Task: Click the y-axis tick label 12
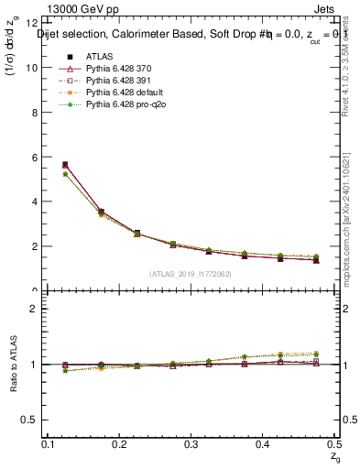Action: (31, 23)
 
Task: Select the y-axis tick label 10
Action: (31, 68)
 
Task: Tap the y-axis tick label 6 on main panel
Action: (34, 158)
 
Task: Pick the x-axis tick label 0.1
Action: (49, 444)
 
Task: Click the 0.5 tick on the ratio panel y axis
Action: (30, 420)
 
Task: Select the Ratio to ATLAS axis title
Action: (12, 365)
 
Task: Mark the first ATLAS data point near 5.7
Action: (64, 165)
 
